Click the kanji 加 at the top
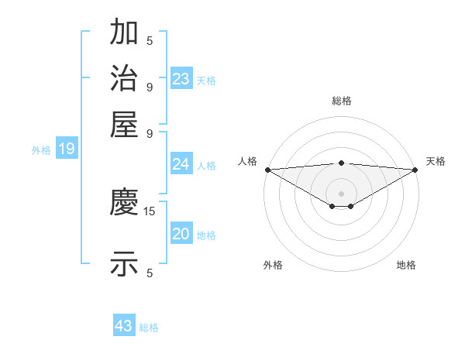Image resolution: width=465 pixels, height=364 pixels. (124, 33)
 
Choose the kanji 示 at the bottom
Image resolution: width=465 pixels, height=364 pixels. (124, 263)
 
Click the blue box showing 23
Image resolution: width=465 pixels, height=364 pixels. (181, 78)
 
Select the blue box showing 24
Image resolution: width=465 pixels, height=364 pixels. (181, 164)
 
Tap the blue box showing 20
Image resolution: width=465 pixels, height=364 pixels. (181, 234)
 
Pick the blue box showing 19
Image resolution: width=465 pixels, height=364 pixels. (67, 149)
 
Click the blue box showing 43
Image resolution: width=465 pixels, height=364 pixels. (124, 326)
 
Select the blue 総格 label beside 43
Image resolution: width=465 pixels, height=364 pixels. (149, 328)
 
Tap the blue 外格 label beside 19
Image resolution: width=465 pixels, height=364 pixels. (41, 150)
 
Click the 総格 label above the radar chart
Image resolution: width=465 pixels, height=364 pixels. (342, 101)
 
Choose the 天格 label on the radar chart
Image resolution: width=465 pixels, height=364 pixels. (436, 161)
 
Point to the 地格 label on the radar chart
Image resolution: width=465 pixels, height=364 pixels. (406, 265)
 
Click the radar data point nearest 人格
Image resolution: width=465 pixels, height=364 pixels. (267, 169)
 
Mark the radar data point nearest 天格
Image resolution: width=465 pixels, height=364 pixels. (416, 170)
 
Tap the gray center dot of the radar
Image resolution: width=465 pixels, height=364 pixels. (342, 193)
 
